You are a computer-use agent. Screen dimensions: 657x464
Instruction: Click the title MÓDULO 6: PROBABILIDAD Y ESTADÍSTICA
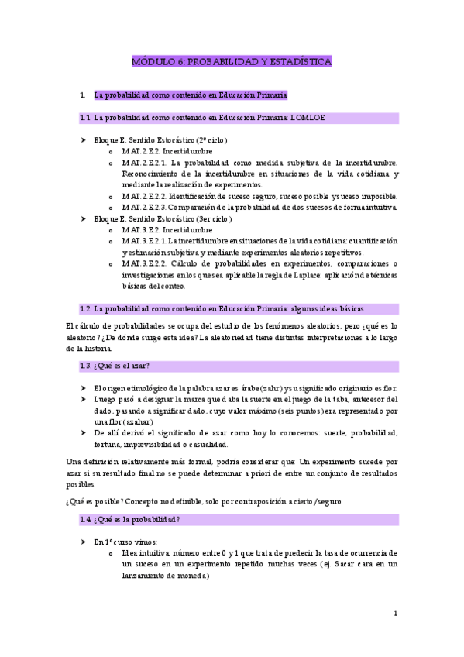[232, 61]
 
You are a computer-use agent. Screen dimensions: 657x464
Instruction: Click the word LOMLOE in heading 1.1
[308, 118]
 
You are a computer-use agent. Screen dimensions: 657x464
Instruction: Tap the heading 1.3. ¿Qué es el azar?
[115, 366]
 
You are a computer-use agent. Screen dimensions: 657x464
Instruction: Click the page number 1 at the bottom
[395, 614]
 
